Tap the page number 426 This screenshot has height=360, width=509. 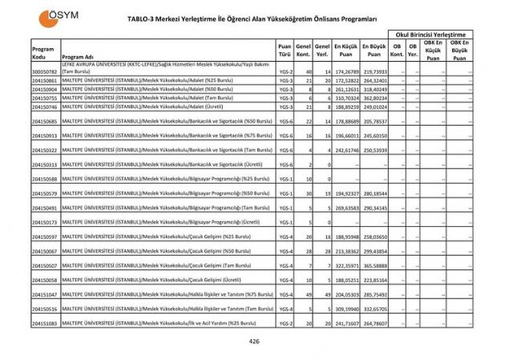254,342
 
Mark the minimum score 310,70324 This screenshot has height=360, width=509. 345,98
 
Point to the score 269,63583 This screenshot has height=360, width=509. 345,208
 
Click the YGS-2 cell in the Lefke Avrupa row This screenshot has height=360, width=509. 285,71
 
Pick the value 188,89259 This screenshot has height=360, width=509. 345,107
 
